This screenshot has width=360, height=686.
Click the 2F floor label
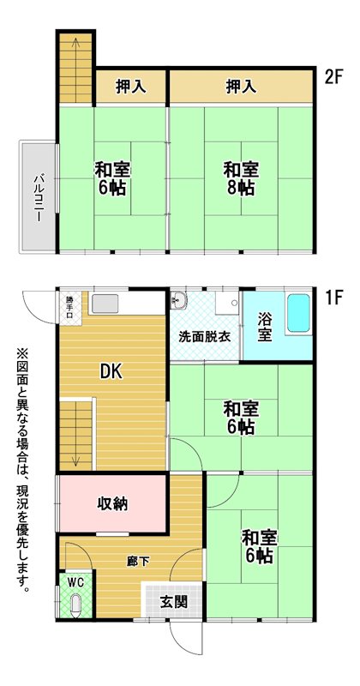[335, 77]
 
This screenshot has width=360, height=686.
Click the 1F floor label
[335, 298]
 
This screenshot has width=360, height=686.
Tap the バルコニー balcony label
[37, 197]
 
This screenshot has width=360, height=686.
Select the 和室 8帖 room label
[241, 178]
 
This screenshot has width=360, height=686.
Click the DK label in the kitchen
[111, 372]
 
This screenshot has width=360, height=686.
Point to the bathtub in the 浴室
[298, 313]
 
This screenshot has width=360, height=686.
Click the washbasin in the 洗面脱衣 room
[178, 300]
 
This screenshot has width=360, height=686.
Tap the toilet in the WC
[75, 606]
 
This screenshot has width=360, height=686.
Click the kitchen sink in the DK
[105, 304]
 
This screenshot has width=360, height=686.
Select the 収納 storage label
[112, 504]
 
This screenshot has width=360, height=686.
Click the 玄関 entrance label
[174, 603]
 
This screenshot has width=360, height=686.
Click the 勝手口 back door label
[70, 309]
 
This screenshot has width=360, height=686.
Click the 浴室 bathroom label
[263, 326]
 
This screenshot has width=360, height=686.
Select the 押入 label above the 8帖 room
[241, 87]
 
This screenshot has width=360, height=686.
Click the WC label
[75, 582]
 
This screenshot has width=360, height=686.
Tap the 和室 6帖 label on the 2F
[111, 178]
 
